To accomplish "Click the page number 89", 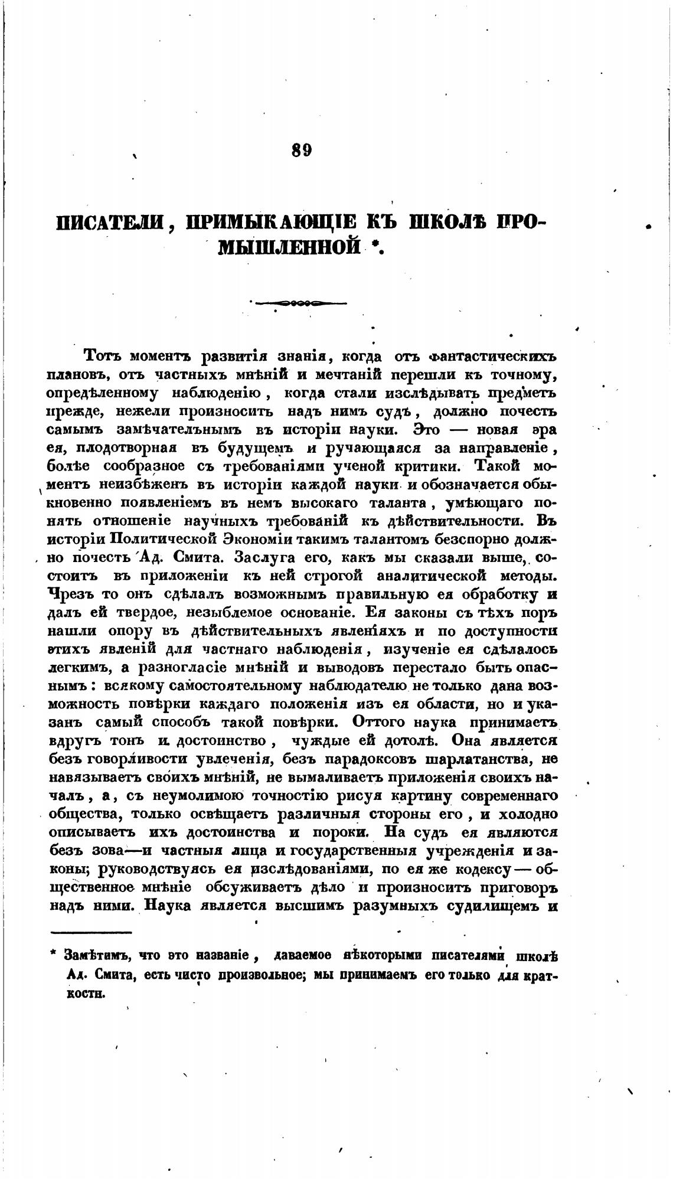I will pos(301,150).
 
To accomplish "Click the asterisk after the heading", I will pos(374,247).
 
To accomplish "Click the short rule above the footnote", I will pos(92,933).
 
